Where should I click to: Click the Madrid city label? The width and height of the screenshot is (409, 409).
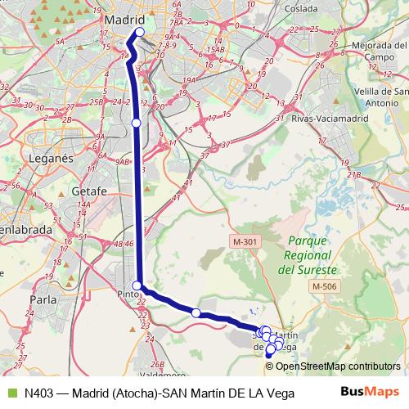[124, 20]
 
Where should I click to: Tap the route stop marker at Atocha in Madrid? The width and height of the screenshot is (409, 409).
[139, 33]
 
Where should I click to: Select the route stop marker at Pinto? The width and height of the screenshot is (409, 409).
[137, 285]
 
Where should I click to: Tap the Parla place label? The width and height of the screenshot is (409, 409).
[43, 299]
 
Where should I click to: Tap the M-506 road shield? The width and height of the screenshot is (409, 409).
[325, 286]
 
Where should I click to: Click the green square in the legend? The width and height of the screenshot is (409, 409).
[11, 393]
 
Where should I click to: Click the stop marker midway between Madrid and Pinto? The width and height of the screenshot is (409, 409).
[136, 123]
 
